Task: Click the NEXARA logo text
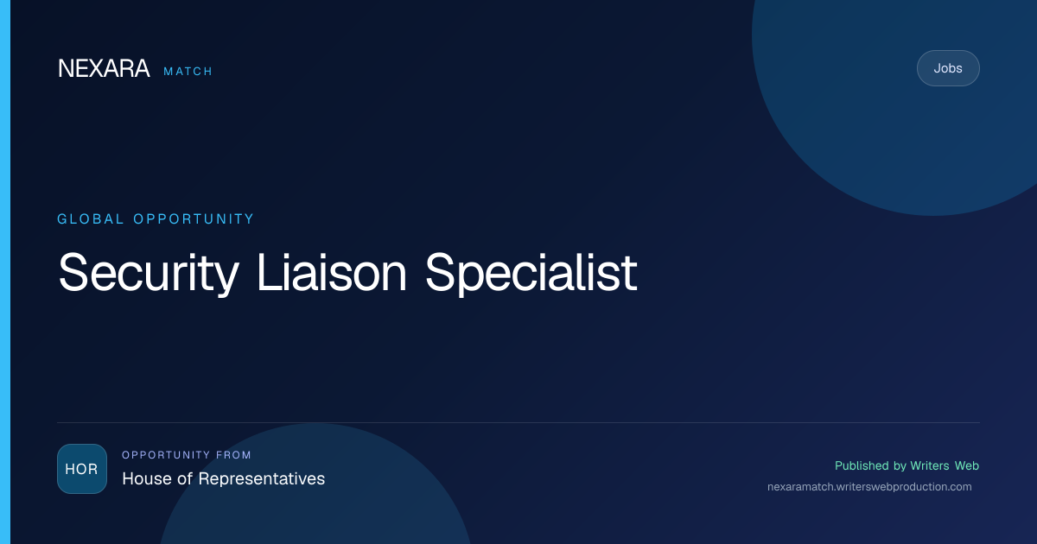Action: click(104, 68)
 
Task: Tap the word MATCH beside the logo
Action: click(188, 71)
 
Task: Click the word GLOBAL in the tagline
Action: click(90, 218)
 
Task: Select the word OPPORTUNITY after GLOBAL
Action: click(194, 218)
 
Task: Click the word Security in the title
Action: click(149, 273)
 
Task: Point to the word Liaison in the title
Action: click(332, 272)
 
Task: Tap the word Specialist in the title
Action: click(531, 273)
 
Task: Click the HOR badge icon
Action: click(82, 469)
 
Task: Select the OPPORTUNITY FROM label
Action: click(186, 455)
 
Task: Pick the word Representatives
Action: click(262, 478)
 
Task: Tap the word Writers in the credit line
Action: click(930, 465)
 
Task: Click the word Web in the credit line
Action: click(967, 465)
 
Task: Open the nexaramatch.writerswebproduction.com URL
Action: click(869, 487)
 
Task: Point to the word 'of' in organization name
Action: click(185, 478)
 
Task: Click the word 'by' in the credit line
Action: click(900, 466)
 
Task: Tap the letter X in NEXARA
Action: click(96, 68)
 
